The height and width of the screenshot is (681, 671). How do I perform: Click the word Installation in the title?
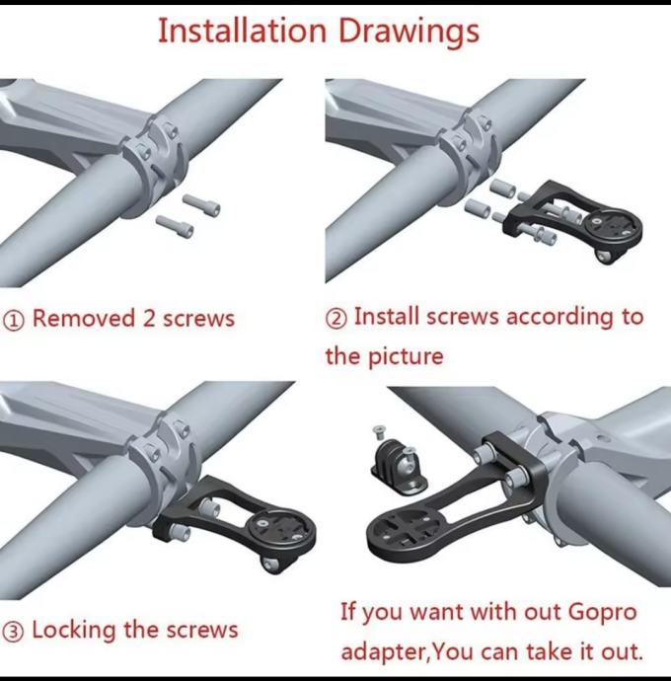click(x=242, y=31)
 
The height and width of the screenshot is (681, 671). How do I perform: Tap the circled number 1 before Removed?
click(x=14, y=321)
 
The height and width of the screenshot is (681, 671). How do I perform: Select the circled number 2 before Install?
click(x=336, y=319)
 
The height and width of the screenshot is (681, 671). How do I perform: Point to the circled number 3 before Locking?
click(x=14, y=631)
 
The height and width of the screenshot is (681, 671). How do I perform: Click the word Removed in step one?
click(x=84, y=318)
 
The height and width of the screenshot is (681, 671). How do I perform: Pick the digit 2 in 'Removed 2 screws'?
click(x=149, y=319)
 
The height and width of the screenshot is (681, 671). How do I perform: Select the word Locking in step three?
click(x=74, y=631)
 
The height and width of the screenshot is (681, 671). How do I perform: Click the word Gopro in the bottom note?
click(x=602, y=613)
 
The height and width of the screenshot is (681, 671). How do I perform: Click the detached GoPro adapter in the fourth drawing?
click(x=399, y=467)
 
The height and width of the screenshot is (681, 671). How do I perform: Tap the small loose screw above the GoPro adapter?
click(x=379, y=432)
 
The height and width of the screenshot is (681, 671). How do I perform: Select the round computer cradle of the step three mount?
click(x=274, y=529)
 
